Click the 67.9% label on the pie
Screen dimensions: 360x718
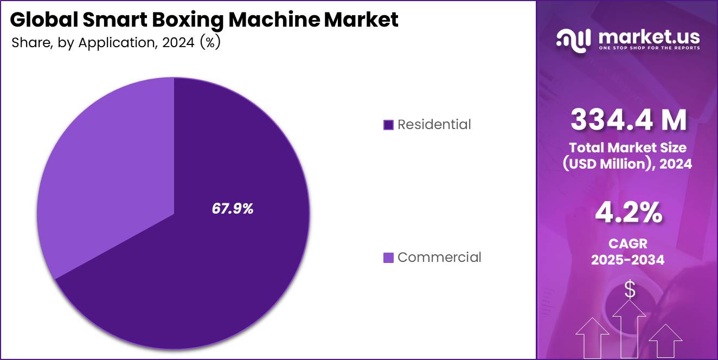click(x=232, y=209)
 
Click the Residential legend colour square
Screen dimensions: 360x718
click(x=388, y=125)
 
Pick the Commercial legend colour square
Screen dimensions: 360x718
click(x=388, y=258)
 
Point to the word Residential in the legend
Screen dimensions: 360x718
click(x=434, y=125)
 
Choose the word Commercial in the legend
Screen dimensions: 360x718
click(x=439, y=257)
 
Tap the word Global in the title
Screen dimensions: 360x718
click(x=43, y=20)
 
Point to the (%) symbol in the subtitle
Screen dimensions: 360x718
click(x=210, y=43)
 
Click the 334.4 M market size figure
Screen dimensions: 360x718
click(x=629, y=120)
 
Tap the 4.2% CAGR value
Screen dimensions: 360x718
click(x=629, y=213)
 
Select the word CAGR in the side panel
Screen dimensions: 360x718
click(x=629, y=243)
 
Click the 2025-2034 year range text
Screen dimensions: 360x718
click(x=628, y=260)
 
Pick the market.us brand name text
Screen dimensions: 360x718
click(x=649, y=37)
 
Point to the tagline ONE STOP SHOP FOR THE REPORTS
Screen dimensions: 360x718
click(x=649, y=48)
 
